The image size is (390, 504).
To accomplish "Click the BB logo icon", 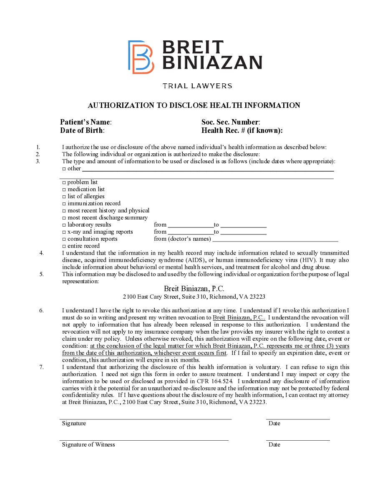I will [141, 57].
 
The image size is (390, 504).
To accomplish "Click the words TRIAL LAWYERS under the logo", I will [197, 86].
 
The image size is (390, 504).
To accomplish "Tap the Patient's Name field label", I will [86, 122].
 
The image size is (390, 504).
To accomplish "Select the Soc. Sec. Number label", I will [231, 122].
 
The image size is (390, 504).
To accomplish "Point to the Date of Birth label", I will [82, 130].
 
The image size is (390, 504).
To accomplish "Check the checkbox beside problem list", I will [64, 182].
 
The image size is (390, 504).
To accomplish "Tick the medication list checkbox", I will [64, 190].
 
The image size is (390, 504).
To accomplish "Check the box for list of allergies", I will [64, 197].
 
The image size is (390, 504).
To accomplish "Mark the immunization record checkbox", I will [64, 204].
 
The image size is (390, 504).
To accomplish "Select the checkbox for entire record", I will [64, 246].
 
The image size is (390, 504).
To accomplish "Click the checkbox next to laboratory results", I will [64, 225].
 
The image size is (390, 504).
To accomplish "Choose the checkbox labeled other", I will [64, 169].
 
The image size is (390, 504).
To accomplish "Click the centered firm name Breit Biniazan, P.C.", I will [194, 289].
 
